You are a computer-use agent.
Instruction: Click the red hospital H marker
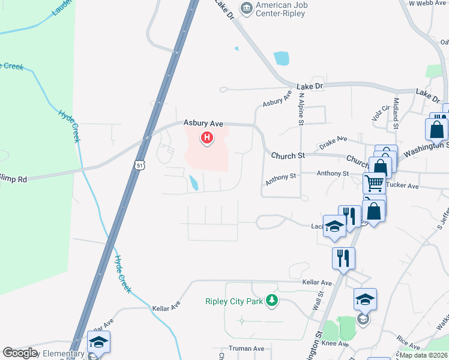pos(207,139)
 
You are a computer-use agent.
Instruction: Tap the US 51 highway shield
pos(139,165)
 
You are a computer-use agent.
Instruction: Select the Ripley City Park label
pos(234,301)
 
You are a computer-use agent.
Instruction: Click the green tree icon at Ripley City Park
pos(272,300)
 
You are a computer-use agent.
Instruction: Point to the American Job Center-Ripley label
pos(280,9)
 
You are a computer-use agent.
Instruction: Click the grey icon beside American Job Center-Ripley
pos(246,8)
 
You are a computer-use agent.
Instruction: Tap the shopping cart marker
pos(374,182)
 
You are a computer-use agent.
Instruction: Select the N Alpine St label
pos(301,108)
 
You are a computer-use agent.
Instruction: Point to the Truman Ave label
pos(246,349)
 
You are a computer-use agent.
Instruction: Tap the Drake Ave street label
pos(334,141)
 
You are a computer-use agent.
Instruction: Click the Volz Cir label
pos(381,113)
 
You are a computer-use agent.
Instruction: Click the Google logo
pos(20,353)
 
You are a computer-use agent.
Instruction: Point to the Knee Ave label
pos(335,344)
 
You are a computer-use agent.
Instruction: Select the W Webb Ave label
pos(429,3)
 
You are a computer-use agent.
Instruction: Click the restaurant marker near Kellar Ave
pos(343,258)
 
